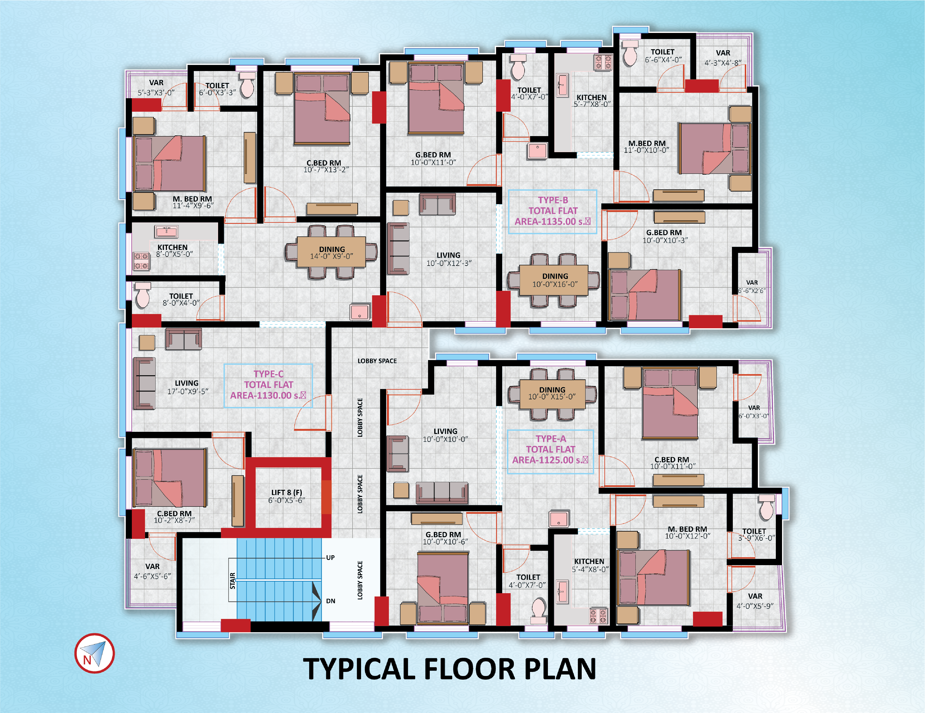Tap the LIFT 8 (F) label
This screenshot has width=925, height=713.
click(x=287, y=492)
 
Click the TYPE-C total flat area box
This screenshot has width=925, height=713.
click(x=268, y=385)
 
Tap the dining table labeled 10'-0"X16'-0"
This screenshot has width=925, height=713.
click(x=554, y=280)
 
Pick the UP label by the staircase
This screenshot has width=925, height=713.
click(x=330, y=558)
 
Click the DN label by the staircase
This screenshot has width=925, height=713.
click(x=330, y=601)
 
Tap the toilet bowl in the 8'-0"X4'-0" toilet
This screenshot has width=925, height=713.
click(x=143, y=295)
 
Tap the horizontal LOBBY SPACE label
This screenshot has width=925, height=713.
click(x=377, y=361)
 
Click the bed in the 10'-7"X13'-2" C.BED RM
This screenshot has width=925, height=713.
click(x=322, y=109)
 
